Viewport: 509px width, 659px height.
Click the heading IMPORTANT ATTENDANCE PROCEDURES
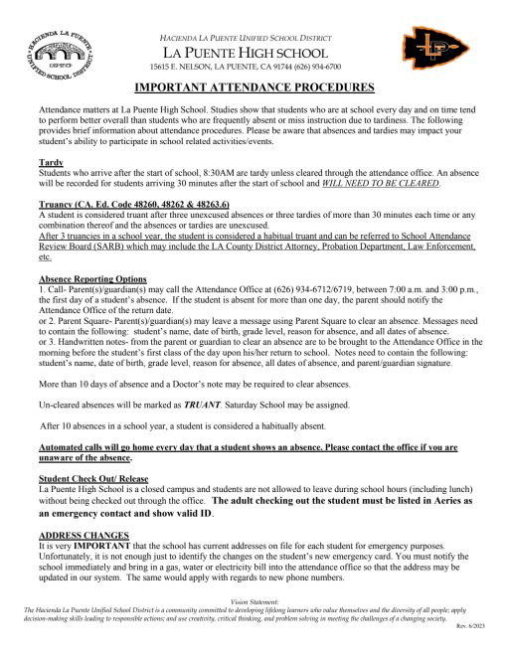(254, 88)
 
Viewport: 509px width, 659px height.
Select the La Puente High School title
(254, 49)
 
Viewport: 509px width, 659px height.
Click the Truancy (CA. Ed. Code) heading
(132, 205)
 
